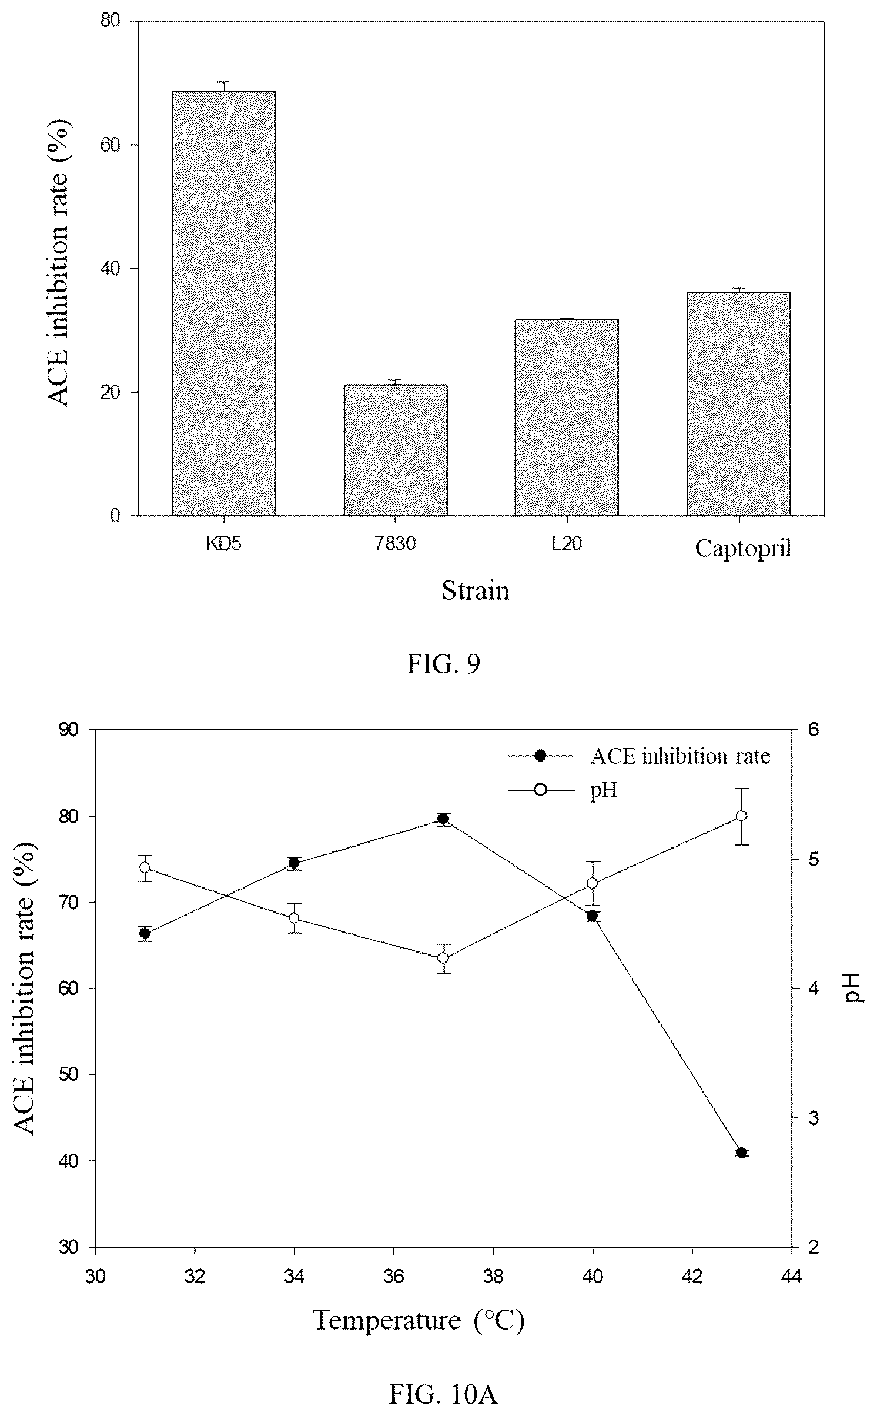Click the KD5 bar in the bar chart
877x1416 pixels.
(x=223, y=303)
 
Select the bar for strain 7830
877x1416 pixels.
(x=396, y=450)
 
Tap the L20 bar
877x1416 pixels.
(x=567, y=418)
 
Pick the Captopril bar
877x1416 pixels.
(x=738, y=404)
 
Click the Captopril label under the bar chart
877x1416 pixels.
(x=743, y=549)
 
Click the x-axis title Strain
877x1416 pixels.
(x=476, y=590)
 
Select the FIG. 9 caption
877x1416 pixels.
(x=444, y=664)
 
